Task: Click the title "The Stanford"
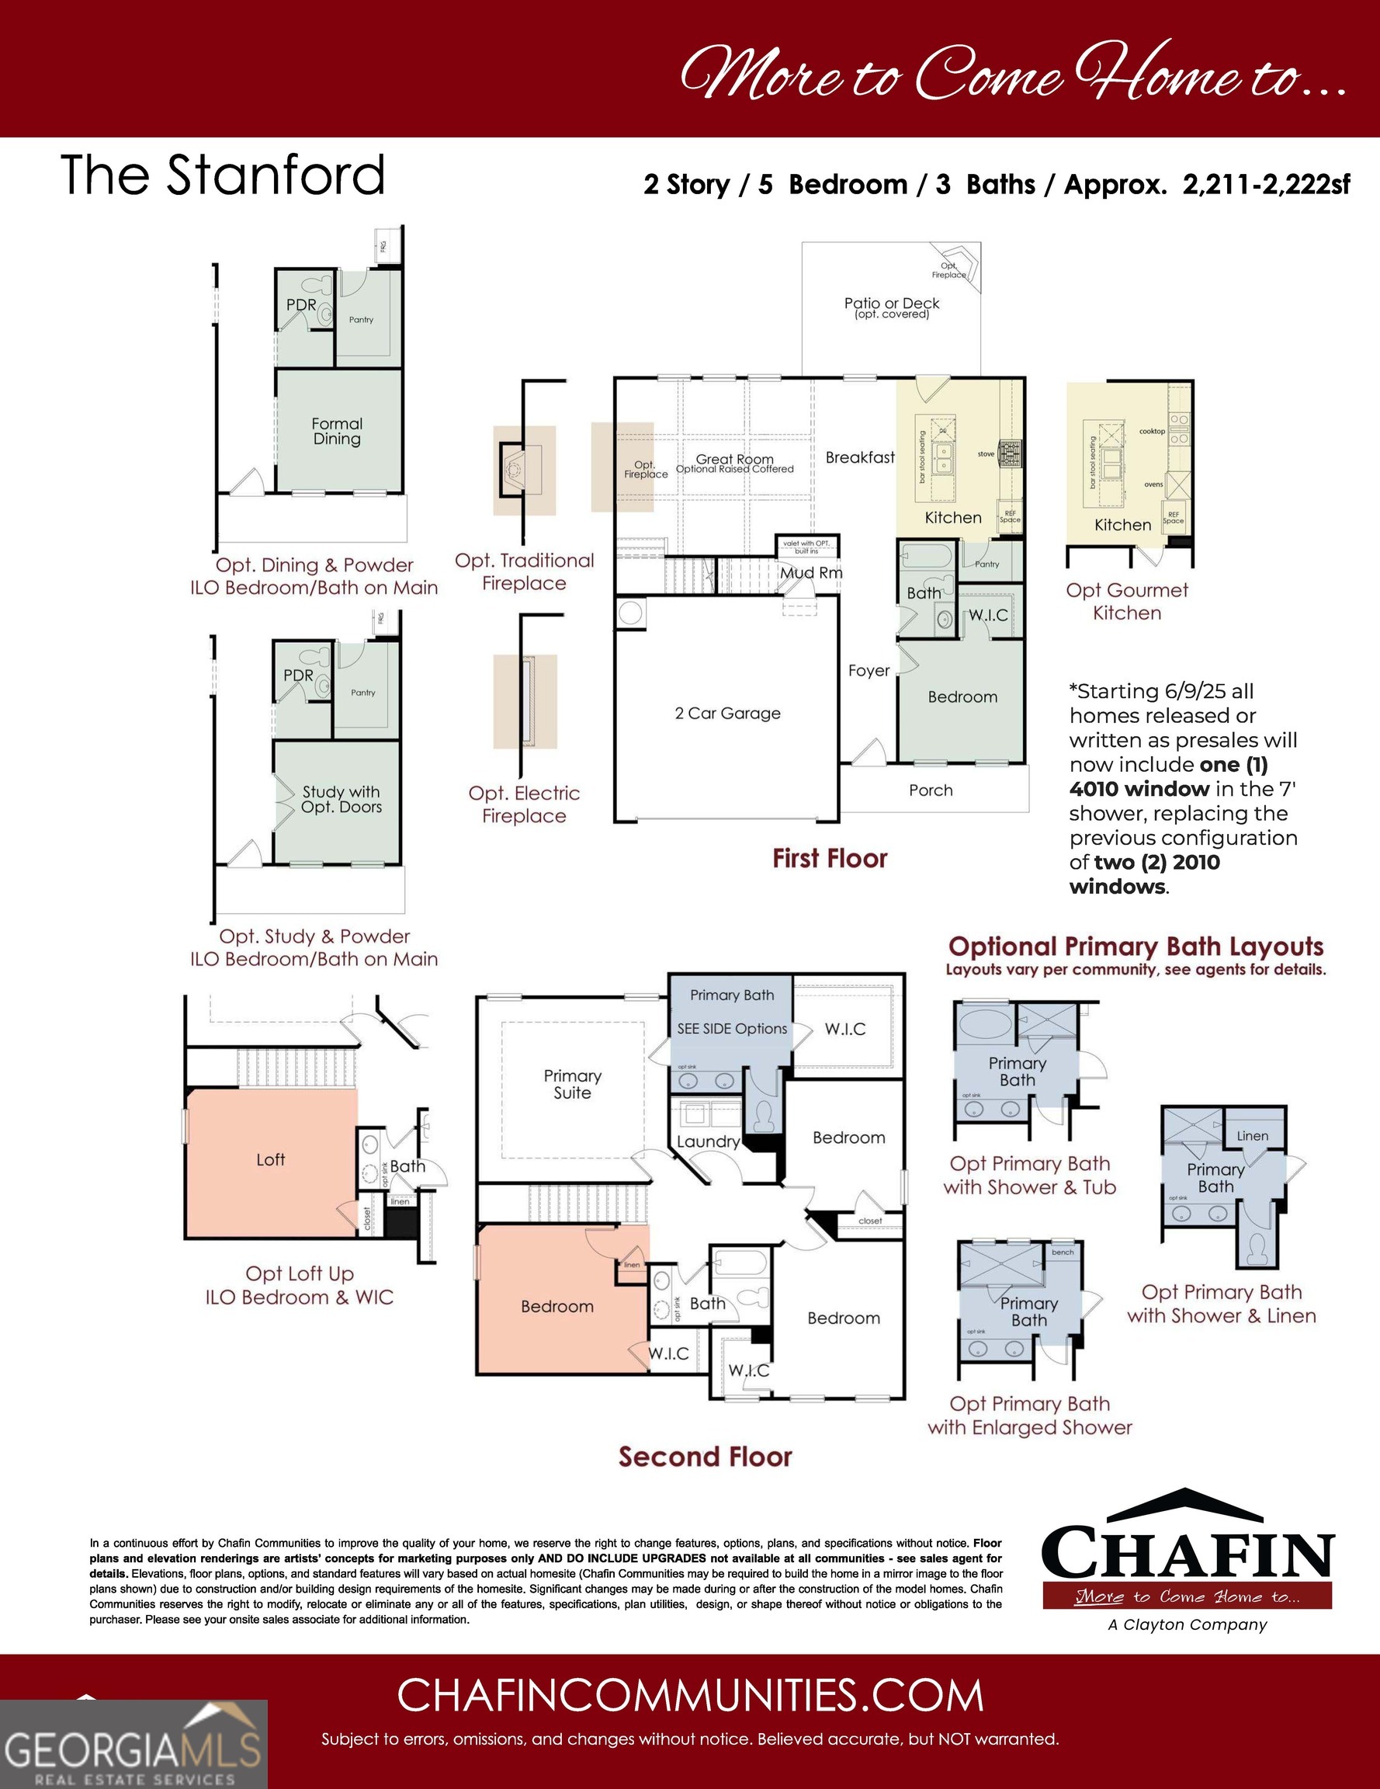[x=223, y=175]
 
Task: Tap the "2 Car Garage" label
[x=727, y=714]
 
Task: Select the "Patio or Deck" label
[x=892, y=304]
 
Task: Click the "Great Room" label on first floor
[x=735, y=460]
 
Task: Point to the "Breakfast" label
[x=859, y=458]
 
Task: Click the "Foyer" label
[x=869, y=671]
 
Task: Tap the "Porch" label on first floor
[x=931, y=790]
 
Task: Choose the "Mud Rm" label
[x=810, y=572]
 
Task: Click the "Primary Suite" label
[x=572, y=1084]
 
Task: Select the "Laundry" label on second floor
[x=708, y=1141]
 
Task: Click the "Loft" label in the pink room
[x=270, y=1159]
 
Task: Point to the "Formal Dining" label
[x=337, y=431]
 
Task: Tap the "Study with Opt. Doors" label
[x=341, y=799]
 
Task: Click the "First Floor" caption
[x=830, y=859]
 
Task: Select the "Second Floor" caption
[x=706, y=1457]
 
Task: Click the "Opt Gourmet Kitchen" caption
[x=1126, y=601]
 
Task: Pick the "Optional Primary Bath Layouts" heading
[x=1135, y=947]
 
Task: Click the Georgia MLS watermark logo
[x=133, y=1743]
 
